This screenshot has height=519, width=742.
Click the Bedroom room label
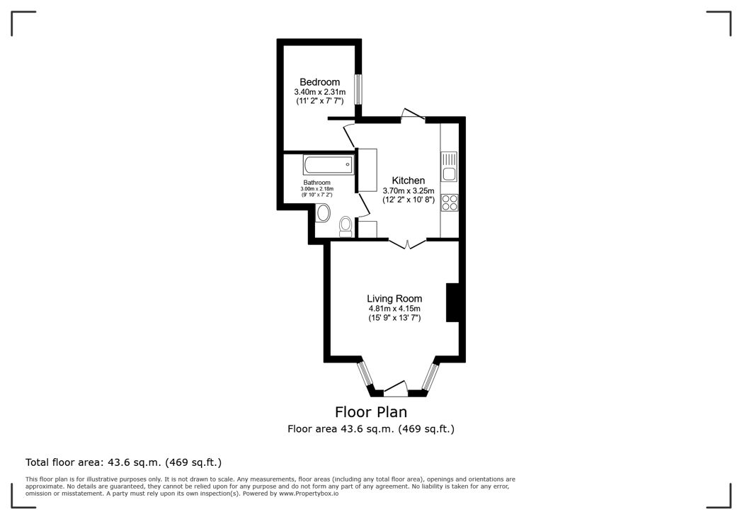(x=319, y=81)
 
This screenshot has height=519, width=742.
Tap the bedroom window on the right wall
(x=358, y=89)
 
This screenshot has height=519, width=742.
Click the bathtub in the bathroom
(x=327, y=164)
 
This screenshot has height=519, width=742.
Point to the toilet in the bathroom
(x=346, y=225)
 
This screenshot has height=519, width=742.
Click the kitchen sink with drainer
(x=449, y=166)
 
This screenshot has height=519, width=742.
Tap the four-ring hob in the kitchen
(x=450, y=203)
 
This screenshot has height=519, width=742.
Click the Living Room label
(x=394, y=299)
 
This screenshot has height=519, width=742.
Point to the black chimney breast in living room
(x=454, y=303)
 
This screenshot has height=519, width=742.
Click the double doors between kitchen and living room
(x=407, y=243)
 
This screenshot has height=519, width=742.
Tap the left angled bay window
(x=366, y=376)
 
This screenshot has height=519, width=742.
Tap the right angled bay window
(x=429, y=377)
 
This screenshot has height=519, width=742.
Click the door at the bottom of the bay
(x=396, y=389)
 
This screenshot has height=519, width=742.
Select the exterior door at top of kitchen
(x=412, y=115)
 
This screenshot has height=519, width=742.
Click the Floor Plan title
(x=370, y=411)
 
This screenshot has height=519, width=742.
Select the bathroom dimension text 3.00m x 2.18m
(x=316, y=189)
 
